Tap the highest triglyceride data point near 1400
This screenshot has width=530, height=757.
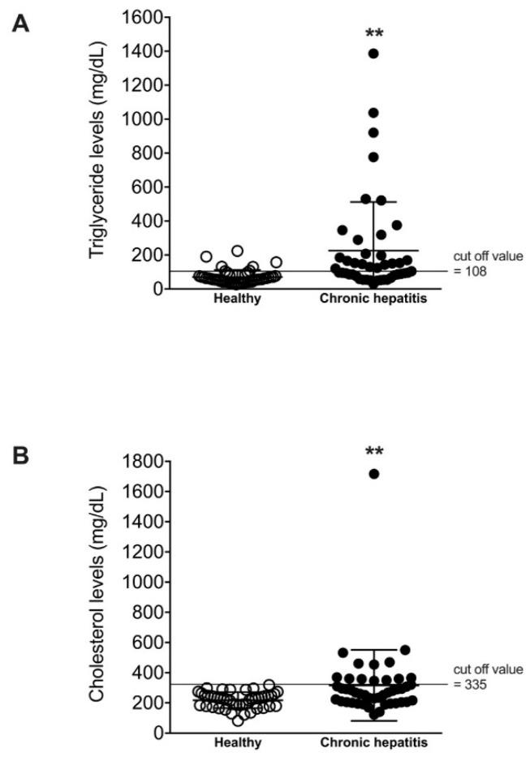pos(373,54)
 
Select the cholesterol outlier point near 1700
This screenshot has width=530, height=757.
pos(373,474)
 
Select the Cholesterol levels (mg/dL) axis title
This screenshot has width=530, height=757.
pos(97,597)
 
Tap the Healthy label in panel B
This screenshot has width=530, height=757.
pos(238,742)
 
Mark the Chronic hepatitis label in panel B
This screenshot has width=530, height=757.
pos(373,742)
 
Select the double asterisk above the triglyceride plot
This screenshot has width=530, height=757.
pos(374,34)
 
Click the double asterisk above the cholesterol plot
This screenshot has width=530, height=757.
pos(374,451)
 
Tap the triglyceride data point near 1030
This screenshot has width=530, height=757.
pos(373,113)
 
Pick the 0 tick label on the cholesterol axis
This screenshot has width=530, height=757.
pos(156,733)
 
